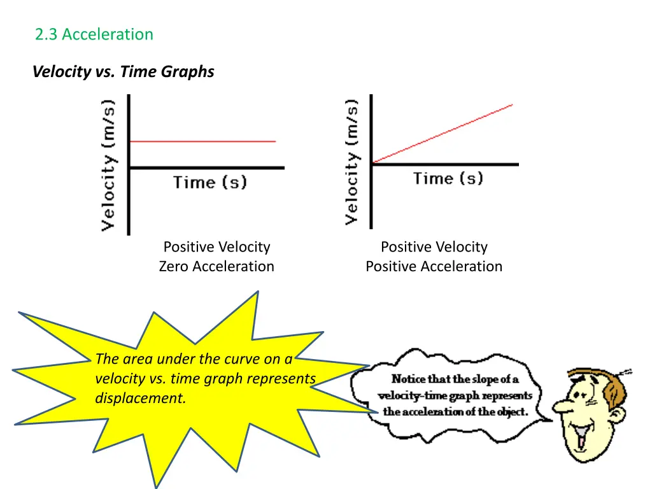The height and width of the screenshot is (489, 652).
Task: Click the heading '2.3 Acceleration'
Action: point(94,34)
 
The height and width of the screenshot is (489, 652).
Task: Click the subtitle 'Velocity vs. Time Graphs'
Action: point(124,71)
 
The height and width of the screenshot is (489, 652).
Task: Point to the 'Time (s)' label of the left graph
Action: point(209,183)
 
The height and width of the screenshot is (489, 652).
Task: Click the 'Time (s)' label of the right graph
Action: point(448,178)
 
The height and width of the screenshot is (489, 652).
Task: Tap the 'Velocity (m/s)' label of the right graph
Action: point(351,161)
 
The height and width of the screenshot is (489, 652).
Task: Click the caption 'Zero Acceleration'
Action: point(216,266)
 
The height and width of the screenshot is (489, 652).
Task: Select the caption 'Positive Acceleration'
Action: point(434,266)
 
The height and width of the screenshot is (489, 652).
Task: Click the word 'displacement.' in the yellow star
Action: point(141,399)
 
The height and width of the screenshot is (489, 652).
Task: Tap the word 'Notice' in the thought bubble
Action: point(408,379)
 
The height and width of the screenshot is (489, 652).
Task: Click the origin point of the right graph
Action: point(372,164)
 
